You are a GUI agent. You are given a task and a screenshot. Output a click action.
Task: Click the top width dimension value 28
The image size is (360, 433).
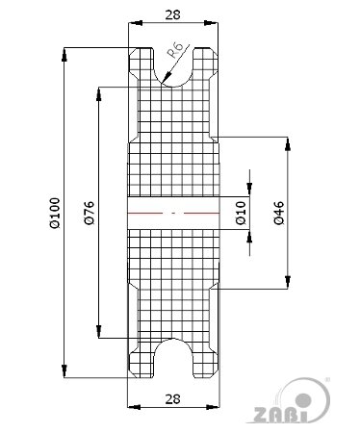click(x=172, y=14)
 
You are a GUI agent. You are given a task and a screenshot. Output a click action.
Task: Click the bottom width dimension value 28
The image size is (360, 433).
click(x=172, y=399)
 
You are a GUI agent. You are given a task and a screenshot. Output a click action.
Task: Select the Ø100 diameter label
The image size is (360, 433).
click(x=55, y=213)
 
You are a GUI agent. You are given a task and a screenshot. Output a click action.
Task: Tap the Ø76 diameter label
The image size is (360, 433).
click(x=89, y=213)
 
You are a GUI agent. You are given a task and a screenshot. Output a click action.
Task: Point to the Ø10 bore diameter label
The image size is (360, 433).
click(x=241, y=213)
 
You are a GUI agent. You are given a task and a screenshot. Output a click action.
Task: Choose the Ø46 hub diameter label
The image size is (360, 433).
click(x=279, y=213)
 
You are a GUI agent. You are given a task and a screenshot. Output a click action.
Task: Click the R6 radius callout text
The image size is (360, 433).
click(x=176, y=49)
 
